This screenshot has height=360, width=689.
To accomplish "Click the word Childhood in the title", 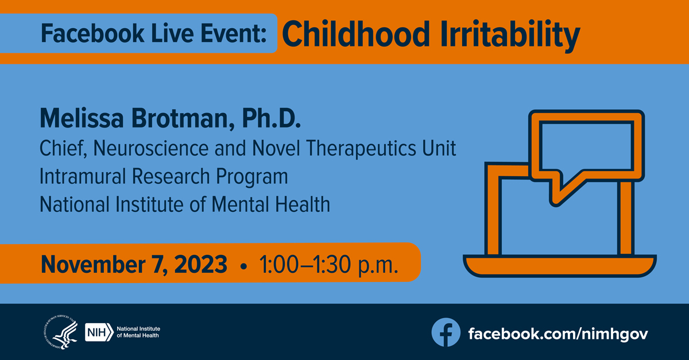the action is tap(356, 34).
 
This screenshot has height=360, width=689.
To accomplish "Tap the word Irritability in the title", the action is tap(510, 36).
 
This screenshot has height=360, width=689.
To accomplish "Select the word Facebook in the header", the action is tap(92, 33).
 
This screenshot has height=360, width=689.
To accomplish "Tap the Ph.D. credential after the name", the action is tap(271, 118).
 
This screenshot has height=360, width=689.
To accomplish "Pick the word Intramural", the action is tap(83, 176).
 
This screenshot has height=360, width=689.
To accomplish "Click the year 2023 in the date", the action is tap(200, 264).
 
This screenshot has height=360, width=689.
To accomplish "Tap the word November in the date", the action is tap(93, 264).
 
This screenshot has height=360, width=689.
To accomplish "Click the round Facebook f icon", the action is tap(446, 332).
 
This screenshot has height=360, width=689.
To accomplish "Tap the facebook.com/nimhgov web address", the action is tap(558, 334).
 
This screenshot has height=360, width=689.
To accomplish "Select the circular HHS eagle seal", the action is tap(61, 332).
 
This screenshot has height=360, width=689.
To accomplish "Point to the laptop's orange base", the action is tap(560, 265).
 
